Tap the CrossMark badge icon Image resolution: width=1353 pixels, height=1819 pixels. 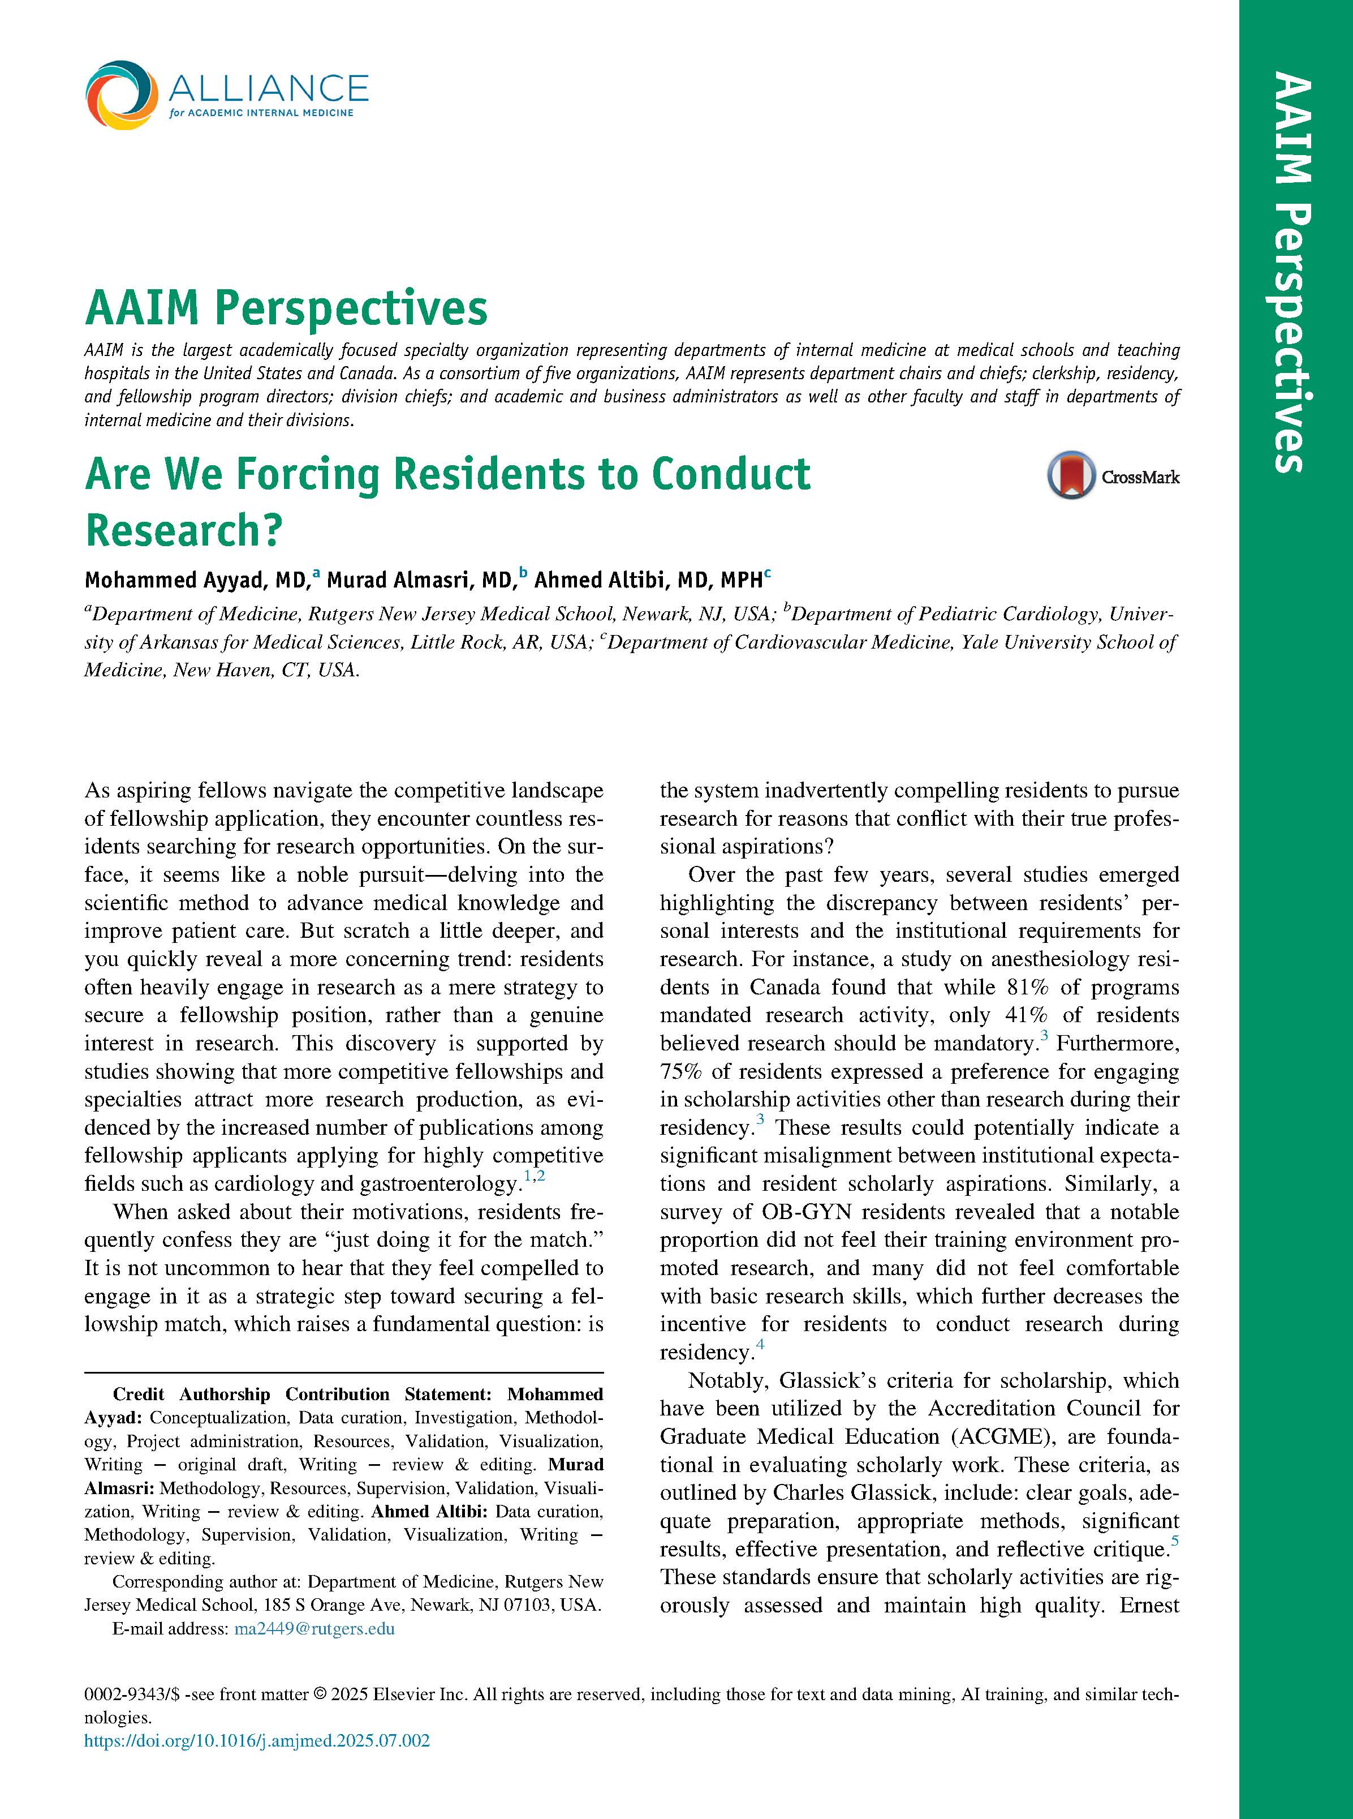pos(1070,475)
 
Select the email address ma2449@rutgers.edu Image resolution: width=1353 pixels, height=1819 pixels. pos(314,1628)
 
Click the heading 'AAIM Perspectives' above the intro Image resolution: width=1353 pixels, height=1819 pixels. pos(286,309)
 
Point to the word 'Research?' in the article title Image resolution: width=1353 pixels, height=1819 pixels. pos(183,530)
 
